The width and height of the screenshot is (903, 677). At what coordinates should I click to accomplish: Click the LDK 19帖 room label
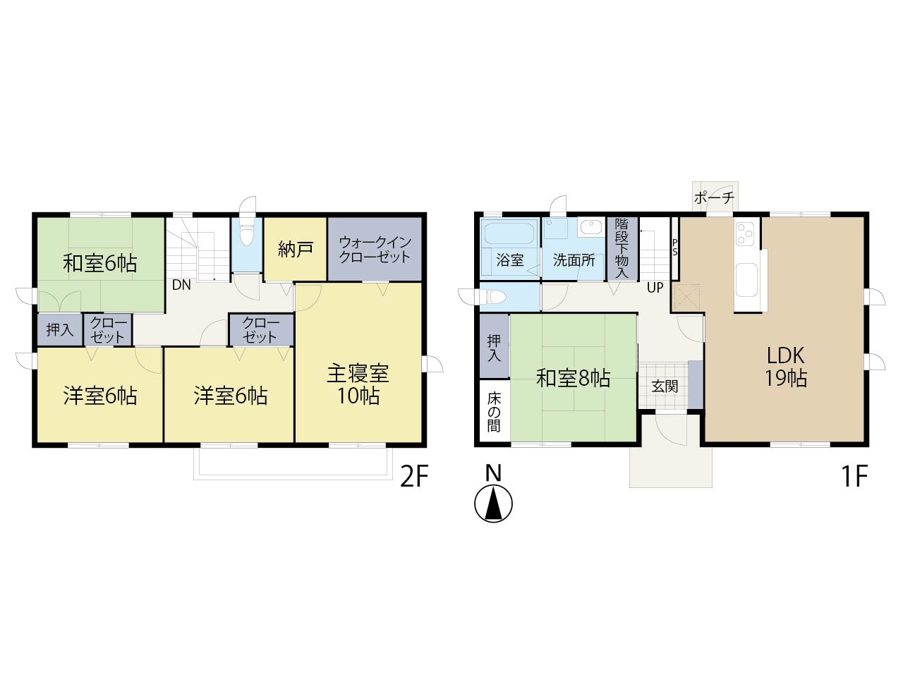(x=785, y=367)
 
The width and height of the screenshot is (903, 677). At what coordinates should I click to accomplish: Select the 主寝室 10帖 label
(x=358, y=384)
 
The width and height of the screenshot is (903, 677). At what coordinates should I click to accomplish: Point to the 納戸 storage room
(x=295, y=250)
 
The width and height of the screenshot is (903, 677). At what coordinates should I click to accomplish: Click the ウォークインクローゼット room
(x=375, y=250)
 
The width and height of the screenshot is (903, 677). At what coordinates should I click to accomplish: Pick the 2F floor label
(x=414, y=477)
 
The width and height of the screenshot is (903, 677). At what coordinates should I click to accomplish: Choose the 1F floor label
(x=855, y=477)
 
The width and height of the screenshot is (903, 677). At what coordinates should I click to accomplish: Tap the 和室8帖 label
(x=573, y=378)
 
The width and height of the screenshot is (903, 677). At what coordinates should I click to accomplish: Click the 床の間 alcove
(x=495, y=410)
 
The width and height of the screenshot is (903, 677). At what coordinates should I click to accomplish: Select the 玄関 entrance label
(x=665, y=386)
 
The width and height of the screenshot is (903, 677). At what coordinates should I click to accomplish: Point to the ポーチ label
(x=714, y=197)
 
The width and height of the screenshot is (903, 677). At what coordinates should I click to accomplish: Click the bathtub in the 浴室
(x=510, y=233)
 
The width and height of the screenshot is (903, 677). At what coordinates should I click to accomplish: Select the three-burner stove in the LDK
(x=745, y=233)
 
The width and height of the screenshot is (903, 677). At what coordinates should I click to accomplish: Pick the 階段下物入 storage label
(x=622, y=248)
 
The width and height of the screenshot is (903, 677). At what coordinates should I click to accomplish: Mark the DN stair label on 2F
(x=181, y=285)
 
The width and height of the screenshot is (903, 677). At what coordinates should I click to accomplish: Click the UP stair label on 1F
(x=655, y=288)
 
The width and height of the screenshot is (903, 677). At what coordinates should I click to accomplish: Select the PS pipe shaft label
(x=674, y=248)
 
